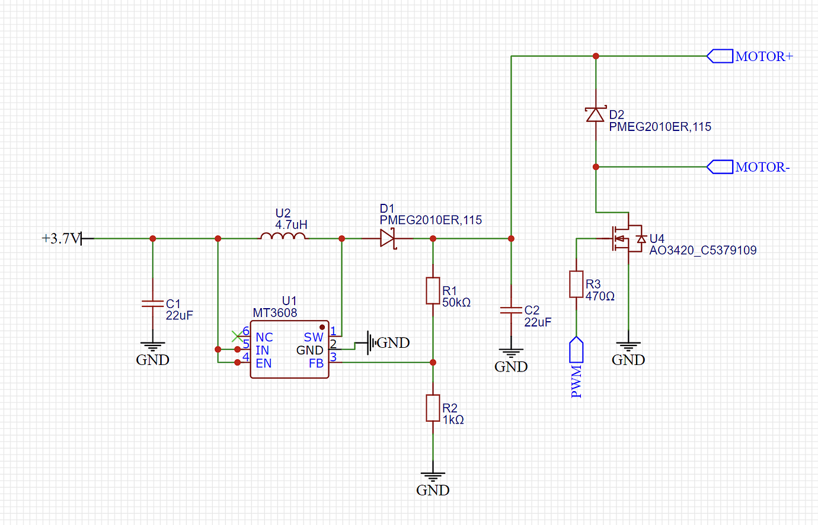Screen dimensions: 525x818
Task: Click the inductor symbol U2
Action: (x=283, y=237)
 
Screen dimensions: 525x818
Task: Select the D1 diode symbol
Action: (x=388, y=238)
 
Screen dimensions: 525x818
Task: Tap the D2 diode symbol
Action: (x=595, y=114)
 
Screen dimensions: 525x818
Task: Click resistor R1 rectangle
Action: (x=433, y=290)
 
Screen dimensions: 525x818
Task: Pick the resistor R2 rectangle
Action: (x=433, y=408)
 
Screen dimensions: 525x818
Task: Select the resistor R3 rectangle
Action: (x=576, y=284)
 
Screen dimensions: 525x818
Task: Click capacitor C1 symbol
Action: (x=152, y=303)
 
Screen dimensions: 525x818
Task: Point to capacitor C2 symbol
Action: (x=511, y=310)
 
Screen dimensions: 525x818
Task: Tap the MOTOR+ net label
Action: (x=763, y=56)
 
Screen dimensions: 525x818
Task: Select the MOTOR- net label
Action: (x=762, y=167)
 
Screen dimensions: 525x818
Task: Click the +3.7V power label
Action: (x=60, y=238)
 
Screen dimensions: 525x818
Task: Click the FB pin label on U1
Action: (x=316, y=363)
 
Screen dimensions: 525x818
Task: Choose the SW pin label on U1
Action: (x=314, y=337)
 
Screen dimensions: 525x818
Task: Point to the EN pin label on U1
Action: (x=264, y=363)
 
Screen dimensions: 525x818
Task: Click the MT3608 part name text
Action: (x=275, y=313)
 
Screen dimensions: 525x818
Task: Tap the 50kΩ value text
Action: (x=456, y=303)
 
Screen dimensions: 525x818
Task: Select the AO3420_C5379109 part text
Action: (x=703, y=250)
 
